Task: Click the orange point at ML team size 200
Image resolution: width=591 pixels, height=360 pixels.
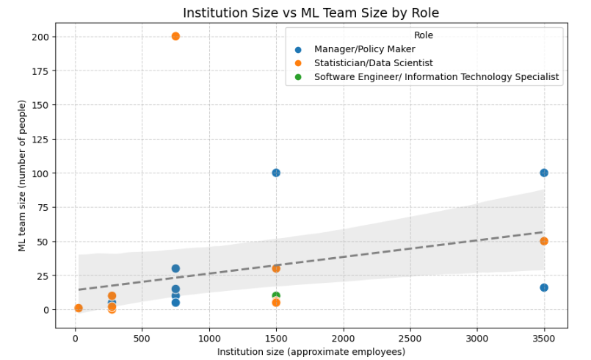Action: coord(175,36)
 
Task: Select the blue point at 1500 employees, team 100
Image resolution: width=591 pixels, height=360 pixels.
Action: coord(276,173)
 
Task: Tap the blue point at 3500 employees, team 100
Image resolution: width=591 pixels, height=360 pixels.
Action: coord(544,173)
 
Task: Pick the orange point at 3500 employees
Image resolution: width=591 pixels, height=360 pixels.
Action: coord(544,241)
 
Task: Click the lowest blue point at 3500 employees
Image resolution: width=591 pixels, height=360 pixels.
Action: coord(544,287)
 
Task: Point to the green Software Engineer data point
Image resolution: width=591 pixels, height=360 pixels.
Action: coord(276,295)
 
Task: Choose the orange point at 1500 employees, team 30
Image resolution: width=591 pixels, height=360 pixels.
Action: coord(276,268)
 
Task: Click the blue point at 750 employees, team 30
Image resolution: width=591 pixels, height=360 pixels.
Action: coord(175,268)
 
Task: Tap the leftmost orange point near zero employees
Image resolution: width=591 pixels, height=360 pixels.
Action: coord(79,308)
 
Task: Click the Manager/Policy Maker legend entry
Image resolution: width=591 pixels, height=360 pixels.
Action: coord(364,49)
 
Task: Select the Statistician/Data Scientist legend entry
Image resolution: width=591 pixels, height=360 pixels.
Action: coord(373,63)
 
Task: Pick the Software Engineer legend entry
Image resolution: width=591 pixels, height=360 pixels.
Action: coord(436,76)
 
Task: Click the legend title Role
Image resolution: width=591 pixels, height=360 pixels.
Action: coord(423,35)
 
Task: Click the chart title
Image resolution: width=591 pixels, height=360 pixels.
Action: coord(311,12)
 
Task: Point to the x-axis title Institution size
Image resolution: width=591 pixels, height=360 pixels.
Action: coord(311,352)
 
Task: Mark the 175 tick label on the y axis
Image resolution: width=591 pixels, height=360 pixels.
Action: coord(40,71)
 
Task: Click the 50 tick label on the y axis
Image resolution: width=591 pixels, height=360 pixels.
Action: coord(43,241)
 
